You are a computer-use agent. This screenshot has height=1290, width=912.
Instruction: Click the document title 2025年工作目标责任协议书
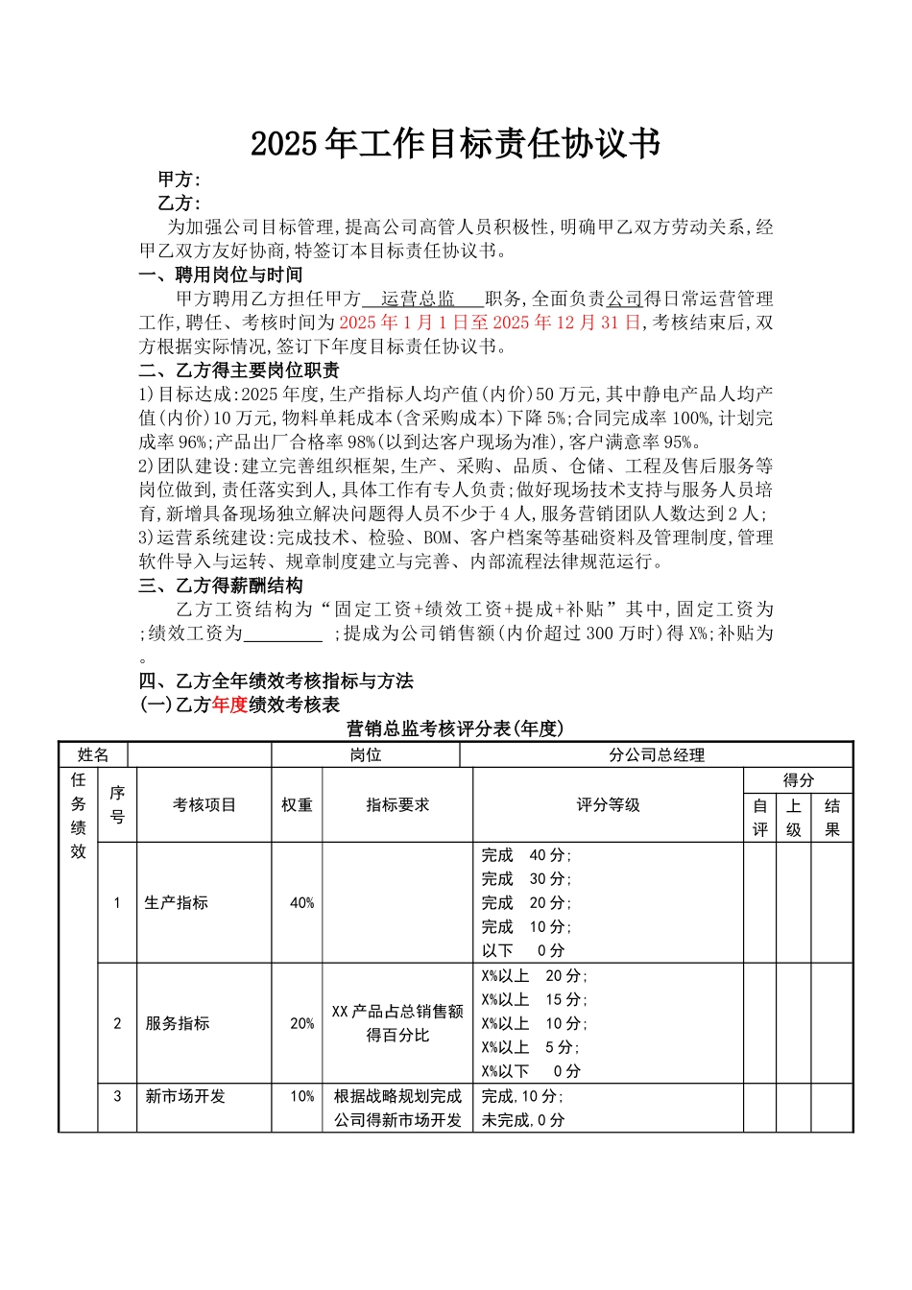(x=455, y=144)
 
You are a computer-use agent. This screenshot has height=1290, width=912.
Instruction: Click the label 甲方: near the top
(x=180, y=179)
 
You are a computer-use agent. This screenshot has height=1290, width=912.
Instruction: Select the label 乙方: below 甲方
(x=180, y=203)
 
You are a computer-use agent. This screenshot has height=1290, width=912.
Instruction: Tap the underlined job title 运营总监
(x=418, y=299)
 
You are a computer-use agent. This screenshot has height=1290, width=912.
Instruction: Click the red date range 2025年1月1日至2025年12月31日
(x=491, y=322)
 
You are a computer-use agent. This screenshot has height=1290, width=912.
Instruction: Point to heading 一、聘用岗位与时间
(x=221, y=275)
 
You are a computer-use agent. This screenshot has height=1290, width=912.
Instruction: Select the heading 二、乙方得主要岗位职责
(x=239, y=370)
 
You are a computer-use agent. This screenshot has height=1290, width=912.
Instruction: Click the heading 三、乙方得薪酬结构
(x=221, y=585)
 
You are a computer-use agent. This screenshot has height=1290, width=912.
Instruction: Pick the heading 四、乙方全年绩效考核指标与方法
(x=276, y=681)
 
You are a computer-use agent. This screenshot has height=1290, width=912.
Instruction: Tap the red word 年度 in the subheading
(x=229, y=705)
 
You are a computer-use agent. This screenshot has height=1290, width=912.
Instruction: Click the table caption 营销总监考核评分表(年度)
(x=455, y=729)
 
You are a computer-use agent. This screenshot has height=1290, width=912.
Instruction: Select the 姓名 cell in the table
(x=93, y=755)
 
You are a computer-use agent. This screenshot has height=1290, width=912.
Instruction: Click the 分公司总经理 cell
(x=657, y=755)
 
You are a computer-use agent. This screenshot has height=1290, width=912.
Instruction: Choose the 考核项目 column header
(x=204, y=805)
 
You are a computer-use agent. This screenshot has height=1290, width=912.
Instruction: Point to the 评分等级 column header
(x=608, y=805)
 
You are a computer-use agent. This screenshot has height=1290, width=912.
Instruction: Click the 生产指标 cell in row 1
(x=176, y=903)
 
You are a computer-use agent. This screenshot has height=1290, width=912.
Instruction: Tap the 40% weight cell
(x=301, y=903)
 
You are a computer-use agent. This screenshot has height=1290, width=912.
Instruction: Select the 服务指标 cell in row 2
(x=178, y=1024)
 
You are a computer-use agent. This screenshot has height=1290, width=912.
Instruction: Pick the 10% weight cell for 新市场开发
(x=301, y=1096)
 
